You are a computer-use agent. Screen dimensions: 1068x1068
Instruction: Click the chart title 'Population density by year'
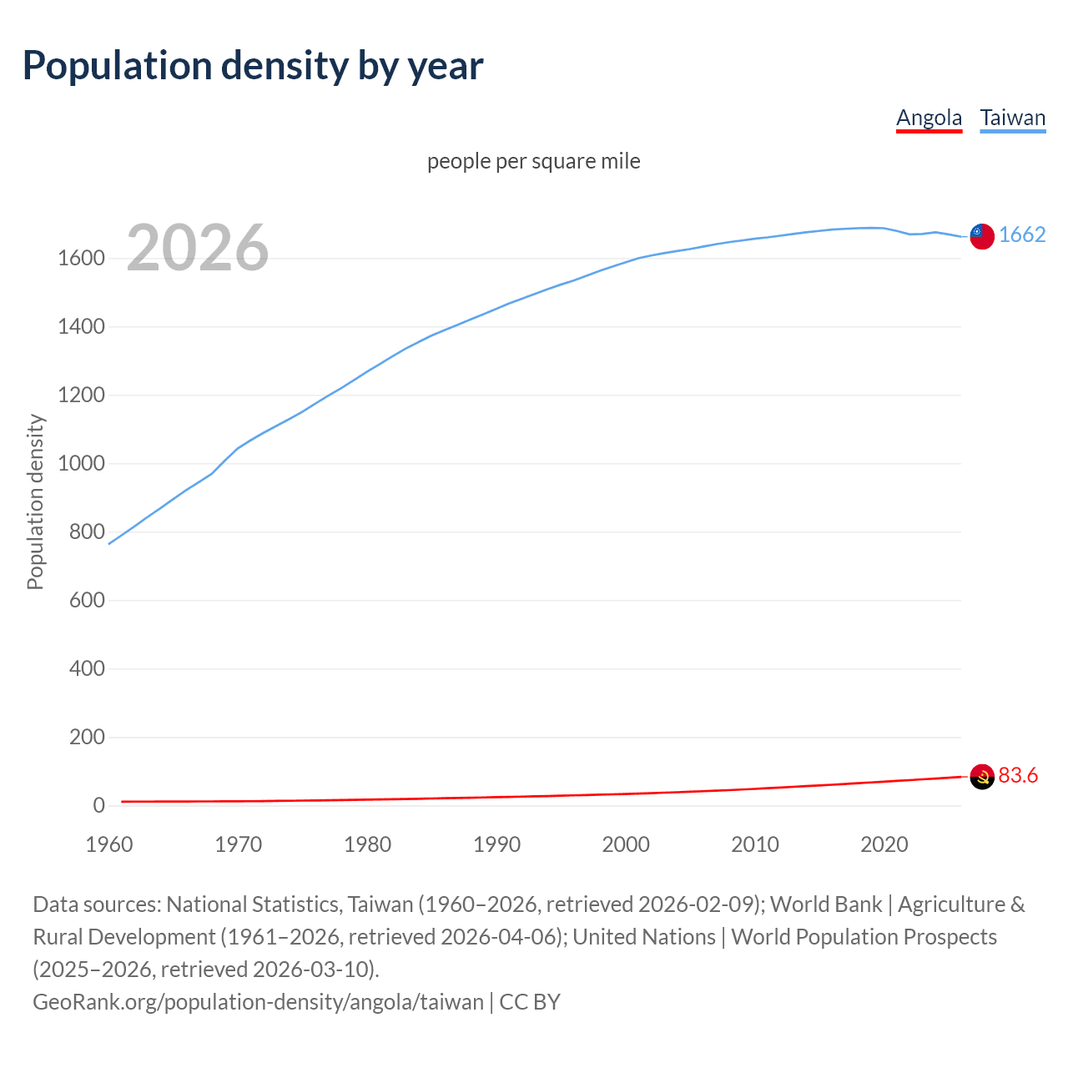click(x=253, y=66)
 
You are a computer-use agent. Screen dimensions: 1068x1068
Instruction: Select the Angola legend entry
click(x=929, y=118)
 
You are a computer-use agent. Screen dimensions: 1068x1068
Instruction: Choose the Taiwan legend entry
click(x=1012, y=118)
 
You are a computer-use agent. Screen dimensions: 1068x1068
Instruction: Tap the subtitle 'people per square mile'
click(x=533, y=161)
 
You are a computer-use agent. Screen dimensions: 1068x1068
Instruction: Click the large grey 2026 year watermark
click(x=198, y=248)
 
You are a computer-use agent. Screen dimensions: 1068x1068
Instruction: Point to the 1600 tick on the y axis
click(x=81, y=259)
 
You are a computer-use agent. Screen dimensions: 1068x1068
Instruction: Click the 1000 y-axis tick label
click(x=81, y=464)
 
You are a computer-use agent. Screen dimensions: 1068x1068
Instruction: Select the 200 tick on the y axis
click(x=87, y=738)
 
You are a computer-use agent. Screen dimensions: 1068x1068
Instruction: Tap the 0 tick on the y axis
click(x=98, y=806)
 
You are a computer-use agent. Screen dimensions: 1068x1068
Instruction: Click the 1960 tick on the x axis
click(x=109, y=844)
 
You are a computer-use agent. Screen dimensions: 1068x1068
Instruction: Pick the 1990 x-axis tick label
click(x=496, y=844)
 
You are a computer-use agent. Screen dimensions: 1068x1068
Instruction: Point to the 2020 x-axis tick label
click(x=884, y=844)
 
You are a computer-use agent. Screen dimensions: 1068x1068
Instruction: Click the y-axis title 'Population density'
click(x=35, y=502)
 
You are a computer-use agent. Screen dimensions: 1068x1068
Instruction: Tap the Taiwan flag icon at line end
click(x=982, y=236)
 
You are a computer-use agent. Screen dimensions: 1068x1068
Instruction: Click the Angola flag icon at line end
click(x=982, y=777)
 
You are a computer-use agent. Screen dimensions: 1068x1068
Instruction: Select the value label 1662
click(x=1022, y=235)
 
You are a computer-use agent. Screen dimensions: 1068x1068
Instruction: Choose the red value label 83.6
click(x=1018, y=776)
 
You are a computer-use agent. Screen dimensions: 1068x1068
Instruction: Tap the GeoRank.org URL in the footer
click(x=258, y=1002)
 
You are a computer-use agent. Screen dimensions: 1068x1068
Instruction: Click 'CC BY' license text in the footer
click(x=530, y=1002)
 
